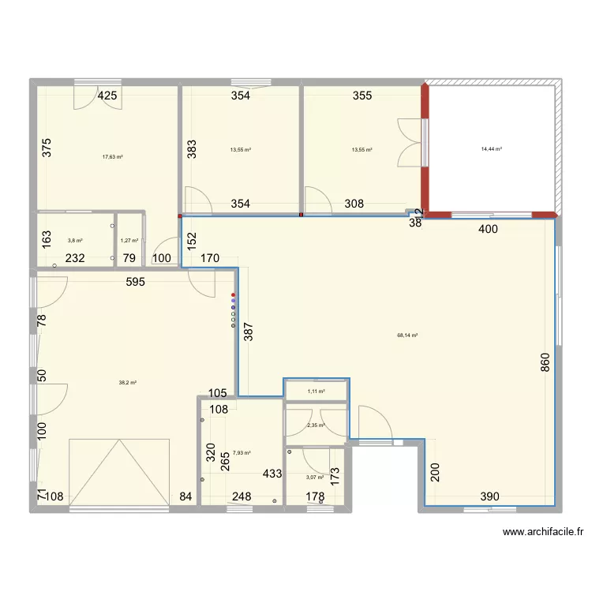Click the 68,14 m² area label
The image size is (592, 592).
pos(407,335)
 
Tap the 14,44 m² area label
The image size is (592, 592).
pos(493,148)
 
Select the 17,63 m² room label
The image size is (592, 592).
pos(112,156)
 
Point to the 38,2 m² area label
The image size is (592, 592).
pos(128,383)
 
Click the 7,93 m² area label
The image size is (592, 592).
pos(242,453)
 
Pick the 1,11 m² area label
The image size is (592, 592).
pos(316,391)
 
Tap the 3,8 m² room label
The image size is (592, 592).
pos(75,241)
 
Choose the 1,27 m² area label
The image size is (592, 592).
pos(129,241)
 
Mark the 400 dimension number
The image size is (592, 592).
pos(489,230)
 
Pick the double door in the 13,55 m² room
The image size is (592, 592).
pos(410,142)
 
